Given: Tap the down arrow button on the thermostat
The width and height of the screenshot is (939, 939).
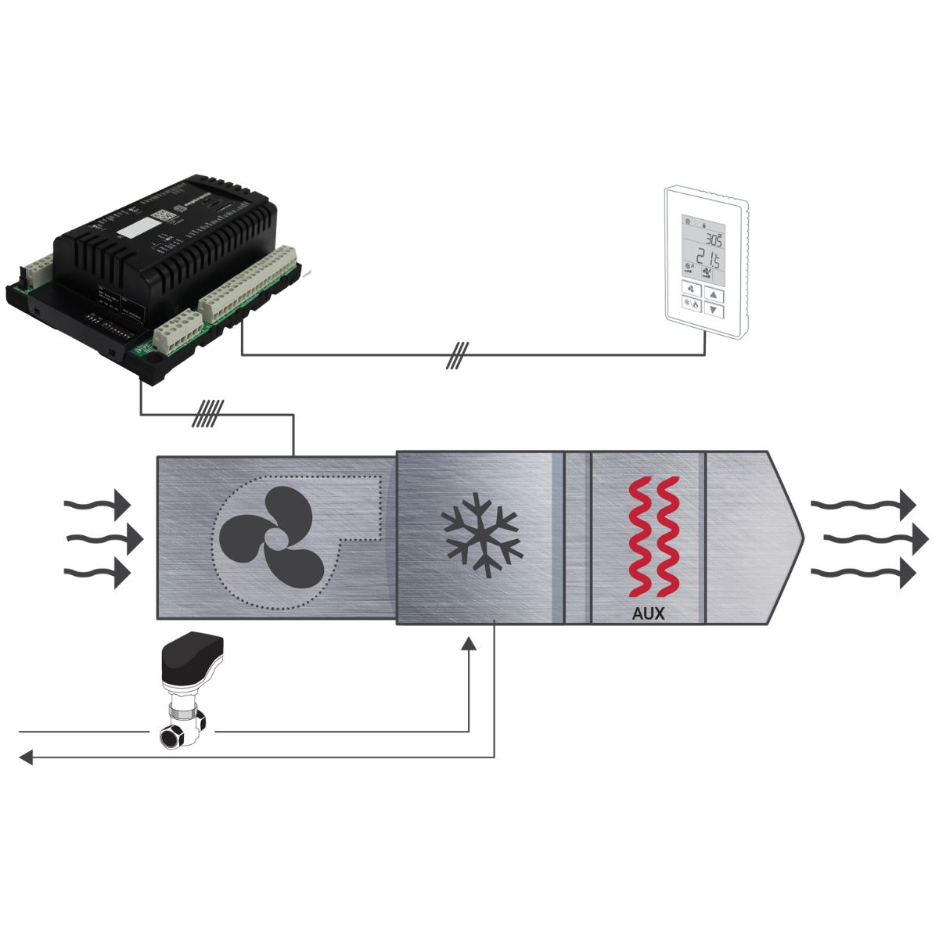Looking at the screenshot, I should (x=714, y=310).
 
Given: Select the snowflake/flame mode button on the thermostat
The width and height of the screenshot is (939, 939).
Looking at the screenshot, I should (x=692, y=304).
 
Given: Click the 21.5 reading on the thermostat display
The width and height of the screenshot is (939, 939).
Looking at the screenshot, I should (x=709, y=259).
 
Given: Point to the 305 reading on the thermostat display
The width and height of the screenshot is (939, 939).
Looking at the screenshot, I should (x=713, y=239).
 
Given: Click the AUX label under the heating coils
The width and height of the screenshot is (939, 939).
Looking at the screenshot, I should (x=648, y=614).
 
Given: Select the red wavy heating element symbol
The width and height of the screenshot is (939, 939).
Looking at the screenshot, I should (x=653, y=536).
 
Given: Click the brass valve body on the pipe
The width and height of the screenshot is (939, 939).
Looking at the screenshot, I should (x=183, y=725).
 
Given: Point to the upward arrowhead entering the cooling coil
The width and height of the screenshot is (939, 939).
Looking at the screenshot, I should (x=469, y=643).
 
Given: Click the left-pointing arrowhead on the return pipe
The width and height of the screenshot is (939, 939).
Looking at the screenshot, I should (x=26, y=757).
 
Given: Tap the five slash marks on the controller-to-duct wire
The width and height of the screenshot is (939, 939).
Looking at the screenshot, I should (x=208, y=414).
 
